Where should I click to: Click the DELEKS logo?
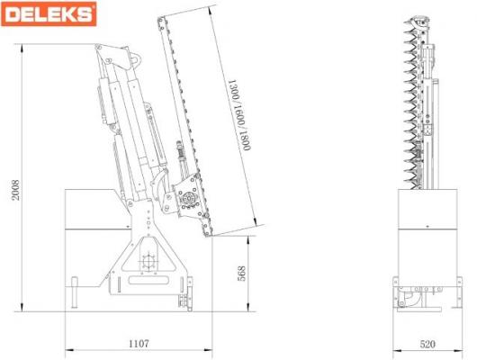49,14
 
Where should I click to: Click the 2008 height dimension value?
15,190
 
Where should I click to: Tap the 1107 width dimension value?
139,344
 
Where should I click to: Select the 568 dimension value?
241,274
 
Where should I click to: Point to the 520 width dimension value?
427,344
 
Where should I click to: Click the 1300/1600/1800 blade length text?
239,115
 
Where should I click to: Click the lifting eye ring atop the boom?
136,58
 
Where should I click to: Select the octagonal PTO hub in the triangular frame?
148,261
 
